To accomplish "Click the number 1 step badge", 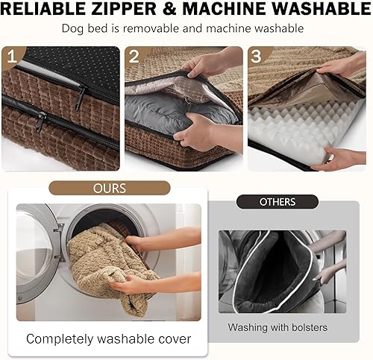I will (x=12, y=57).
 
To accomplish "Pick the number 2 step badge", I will (x=134, y=57).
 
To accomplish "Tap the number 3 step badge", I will (x=257, y=57).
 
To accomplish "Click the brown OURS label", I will (x=108, y=188).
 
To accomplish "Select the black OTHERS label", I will (x=277, y=202).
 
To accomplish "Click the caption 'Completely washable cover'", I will (x=108, y=339).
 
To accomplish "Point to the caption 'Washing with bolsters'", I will (x=278, y=327).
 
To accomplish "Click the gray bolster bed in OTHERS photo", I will (x=272, y=268).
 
